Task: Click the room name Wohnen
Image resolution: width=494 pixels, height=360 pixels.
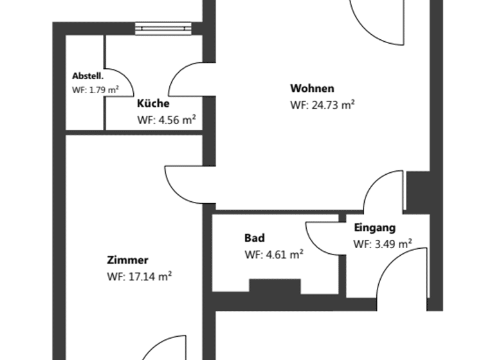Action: tap(312, 89)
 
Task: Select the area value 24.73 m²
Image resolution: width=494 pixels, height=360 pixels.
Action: tap(323, 105)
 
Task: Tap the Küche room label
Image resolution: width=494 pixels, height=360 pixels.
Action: tap(153, 104)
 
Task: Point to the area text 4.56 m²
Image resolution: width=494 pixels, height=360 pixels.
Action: tap(167, 120)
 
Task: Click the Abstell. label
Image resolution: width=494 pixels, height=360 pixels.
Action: tap(87, 76)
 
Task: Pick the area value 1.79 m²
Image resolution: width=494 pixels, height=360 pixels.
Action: tap(95, 90)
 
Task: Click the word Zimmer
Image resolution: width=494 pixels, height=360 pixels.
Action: tap(127, 260)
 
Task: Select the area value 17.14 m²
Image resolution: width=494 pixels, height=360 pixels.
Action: tap(139, 277)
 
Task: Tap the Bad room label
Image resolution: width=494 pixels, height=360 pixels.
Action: tap(254, 238)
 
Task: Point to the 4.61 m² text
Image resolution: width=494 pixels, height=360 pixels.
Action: tap(274, 255)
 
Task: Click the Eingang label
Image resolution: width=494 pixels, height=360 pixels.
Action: tap(374, 228)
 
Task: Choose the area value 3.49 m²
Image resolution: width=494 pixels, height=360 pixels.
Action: tap(383, 244)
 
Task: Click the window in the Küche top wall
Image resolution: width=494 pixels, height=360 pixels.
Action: tap(164, 28)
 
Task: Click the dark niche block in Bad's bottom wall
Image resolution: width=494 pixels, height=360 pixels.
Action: tap(275, 287)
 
